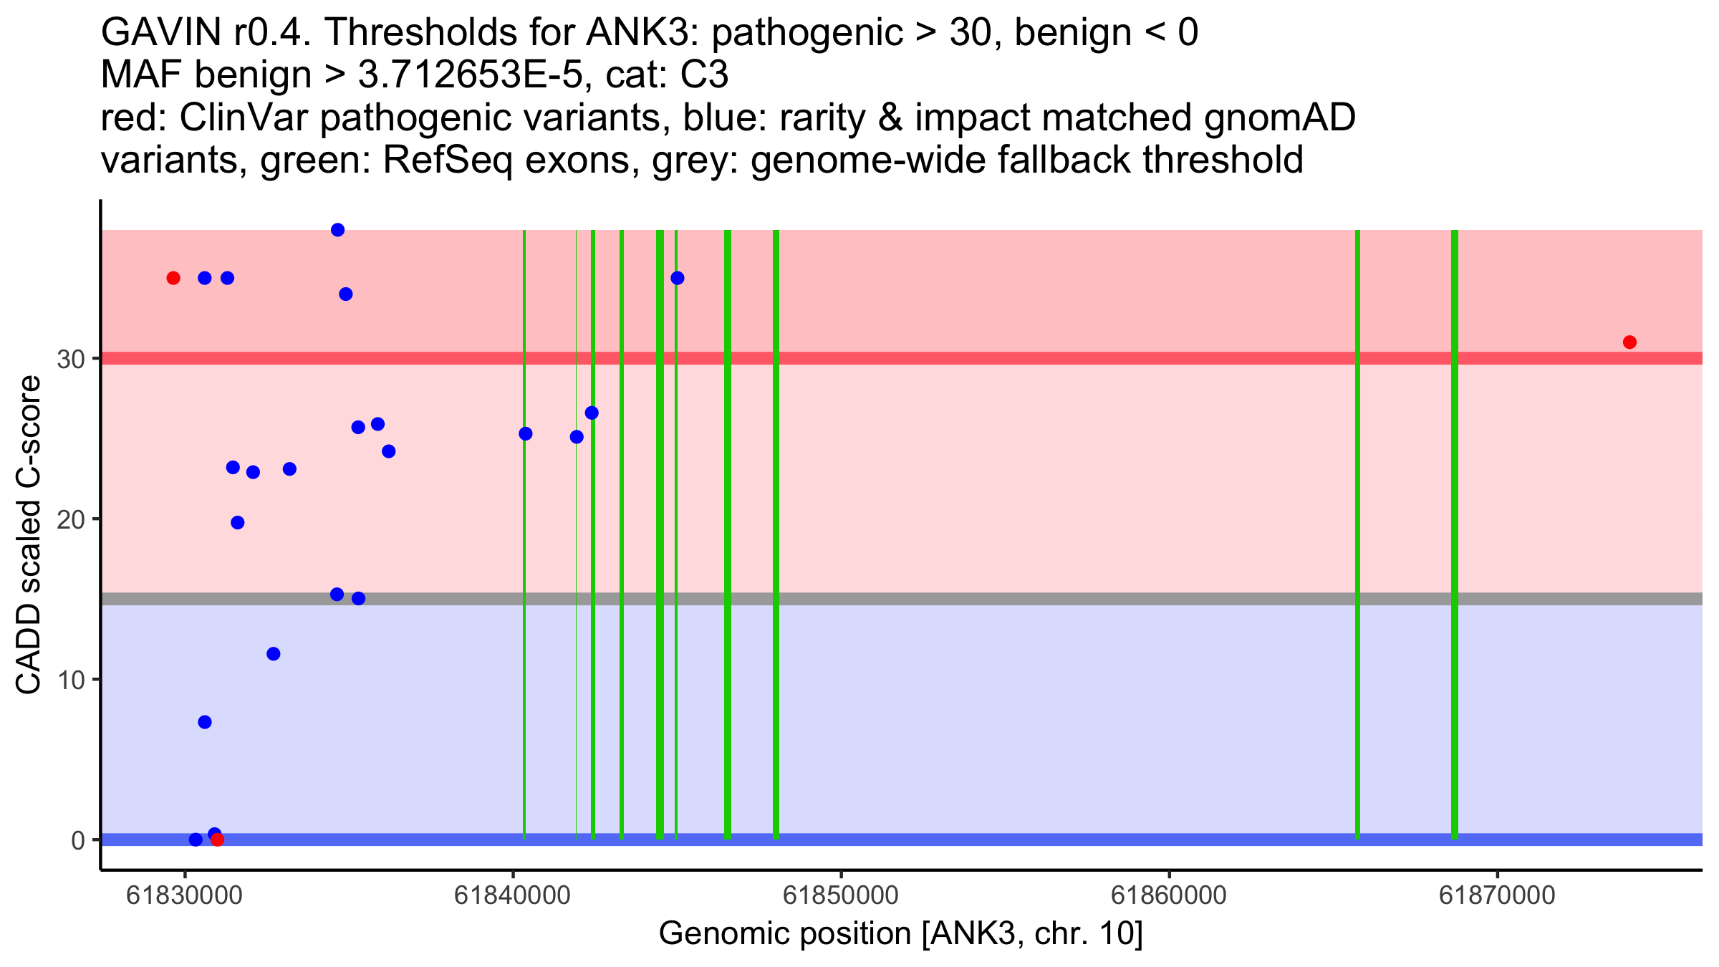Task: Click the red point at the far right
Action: click(1629, 342)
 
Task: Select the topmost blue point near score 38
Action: click(338, 230)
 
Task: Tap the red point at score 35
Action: click(173, 278)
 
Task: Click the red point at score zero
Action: click(218, 839)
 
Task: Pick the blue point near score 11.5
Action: click(274, 654)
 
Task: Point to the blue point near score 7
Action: click(205, 722)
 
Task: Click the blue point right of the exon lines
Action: click(678, 278)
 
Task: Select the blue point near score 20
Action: click(238, 523)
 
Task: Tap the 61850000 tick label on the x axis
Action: click(841, 895)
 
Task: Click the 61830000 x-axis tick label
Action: click(184, 895)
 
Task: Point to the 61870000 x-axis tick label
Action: click(1497, 895)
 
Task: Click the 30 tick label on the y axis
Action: click(71, 359)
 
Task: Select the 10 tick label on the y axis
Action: click(71, 680)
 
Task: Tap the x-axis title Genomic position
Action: click(900, 934)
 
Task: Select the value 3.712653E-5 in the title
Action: click(471, 75)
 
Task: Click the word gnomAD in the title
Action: click(1279, 117)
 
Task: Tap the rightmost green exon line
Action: click(1455, 534)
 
